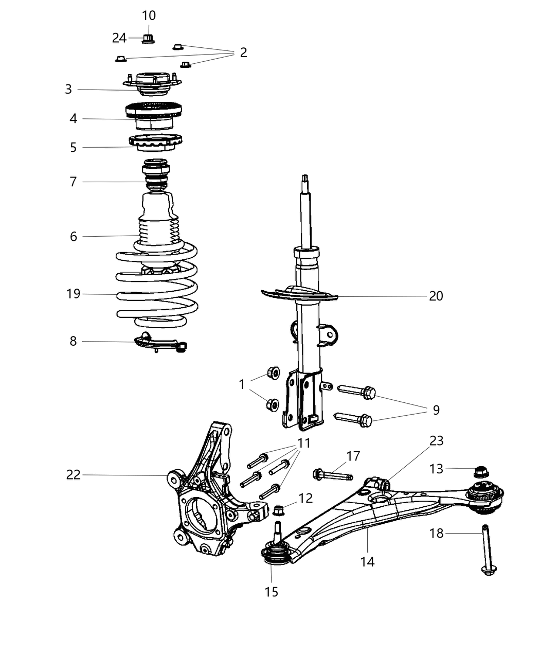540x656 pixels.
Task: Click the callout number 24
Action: click(119, 38)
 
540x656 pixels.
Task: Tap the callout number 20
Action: click(436, 296)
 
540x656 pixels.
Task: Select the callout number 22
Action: click(74, 474)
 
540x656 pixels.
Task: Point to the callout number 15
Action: click(271, 592)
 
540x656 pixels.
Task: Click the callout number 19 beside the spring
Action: click(74, 294)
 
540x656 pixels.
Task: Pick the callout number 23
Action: click(437, 441)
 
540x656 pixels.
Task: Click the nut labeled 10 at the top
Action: click(148, 38)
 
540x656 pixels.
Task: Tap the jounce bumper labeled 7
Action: click(155, 177)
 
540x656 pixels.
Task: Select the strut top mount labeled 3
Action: click(152, 84)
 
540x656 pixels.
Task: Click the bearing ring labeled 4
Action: click(154, 116)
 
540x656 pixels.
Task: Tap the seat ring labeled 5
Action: click(155, 143)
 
